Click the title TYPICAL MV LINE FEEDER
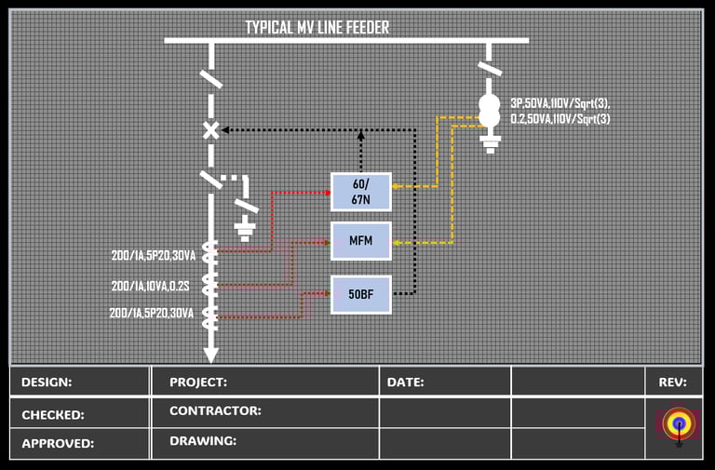pyautogui.click(x=317, y=27)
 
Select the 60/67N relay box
pyautogui.click(x=361, y=192)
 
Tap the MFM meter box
pyautogui.click(x=361, y=241)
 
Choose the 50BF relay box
pyautogui.click(x=361, y=294)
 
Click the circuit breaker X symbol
pyautogui.click(x=211, y=131)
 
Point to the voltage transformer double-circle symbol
pyautogui.click(x=489, y=109)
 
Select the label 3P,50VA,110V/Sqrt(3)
pyautogui.click(x=560, y=102)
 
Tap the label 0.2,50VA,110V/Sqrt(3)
pyautogui.click(x=560, y=118)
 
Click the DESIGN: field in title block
pyautogui.click(x=47, y=382)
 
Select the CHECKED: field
pyautogui.click(x=53, y=415)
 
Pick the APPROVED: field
pyautogui.click(x=58, y=444)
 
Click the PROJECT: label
pyautogui.click(x=198, y=382)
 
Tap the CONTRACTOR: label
pyautogui.click(x=215, y=410)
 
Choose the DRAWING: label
pyautogui.click(x=203, y=440)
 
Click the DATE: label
pyautogui.click(x=406, y=382)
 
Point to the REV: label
pyautogui.click(x=672, y=382)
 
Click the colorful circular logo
pyautogui.click(x=679, y=424)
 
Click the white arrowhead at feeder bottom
pyautogui.click(x=211, y=355)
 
